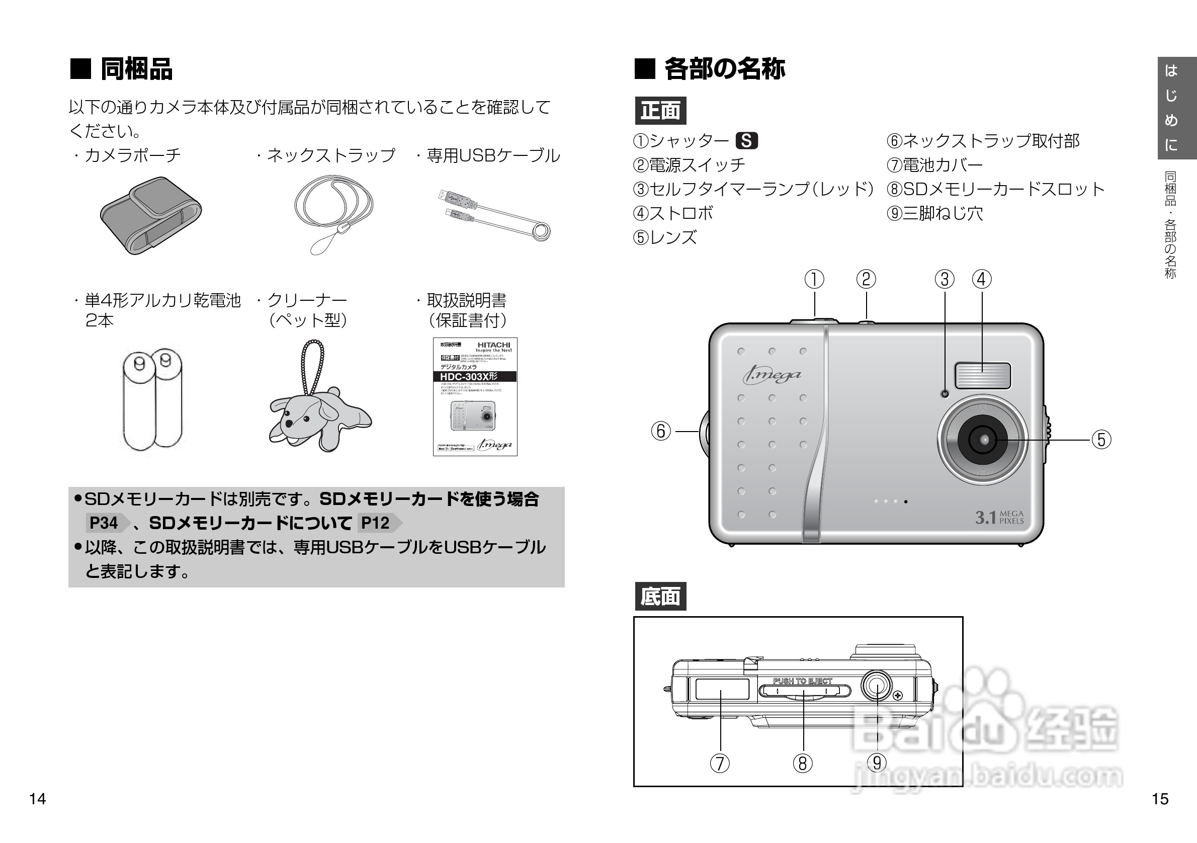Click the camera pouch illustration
151,215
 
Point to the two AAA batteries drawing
153,399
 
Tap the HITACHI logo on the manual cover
493,345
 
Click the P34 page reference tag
104,523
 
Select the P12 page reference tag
375,523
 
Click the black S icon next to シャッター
746,141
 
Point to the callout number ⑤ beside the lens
1100,440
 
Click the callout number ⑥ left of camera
660,431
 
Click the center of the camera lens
983,440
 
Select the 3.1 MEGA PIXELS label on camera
999,517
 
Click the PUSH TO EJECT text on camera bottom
802,681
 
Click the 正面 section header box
660,111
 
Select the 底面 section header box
660,597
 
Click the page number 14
38,799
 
